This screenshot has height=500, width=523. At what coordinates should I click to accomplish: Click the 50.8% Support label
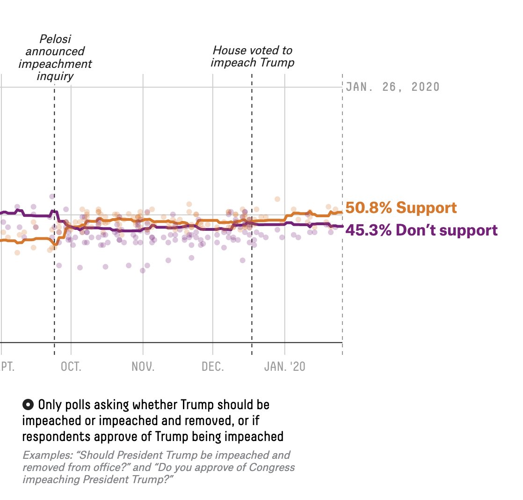click(401, 207)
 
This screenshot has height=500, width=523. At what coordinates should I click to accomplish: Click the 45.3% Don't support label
click(421, 230)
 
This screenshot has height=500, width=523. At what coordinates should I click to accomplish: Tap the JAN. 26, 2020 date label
click(392, 87)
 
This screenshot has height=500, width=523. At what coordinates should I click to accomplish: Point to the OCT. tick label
click(71, 366)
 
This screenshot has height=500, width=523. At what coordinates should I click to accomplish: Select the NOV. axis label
click(143, 366)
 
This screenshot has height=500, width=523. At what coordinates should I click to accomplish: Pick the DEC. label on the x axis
click(213, 366)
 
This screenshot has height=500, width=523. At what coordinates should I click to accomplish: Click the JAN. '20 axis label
click(285, 366)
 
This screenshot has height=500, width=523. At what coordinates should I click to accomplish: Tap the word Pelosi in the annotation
click(55, 39)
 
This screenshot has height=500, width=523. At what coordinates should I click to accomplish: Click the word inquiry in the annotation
click(55, 76)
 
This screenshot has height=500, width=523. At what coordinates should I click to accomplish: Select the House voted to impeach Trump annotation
click(253, 56)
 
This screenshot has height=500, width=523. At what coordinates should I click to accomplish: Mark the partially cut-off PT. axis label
click(7, 366)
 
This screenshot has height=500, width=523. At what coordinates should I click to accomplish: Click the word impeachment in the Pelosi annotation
click(55, 64)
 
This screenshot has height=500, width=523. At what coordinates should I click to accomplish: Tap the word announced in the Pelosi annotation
click(55, 51)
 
